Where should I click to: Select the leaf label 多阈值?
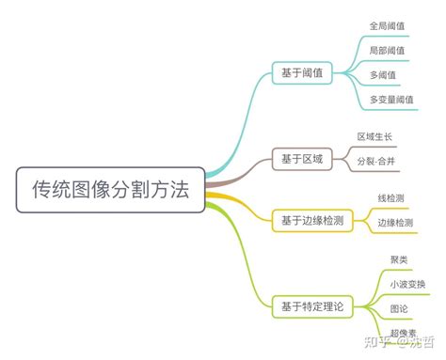(x=383, y=74)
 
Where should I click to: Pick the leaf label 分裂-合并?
(x=376, y=162)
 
